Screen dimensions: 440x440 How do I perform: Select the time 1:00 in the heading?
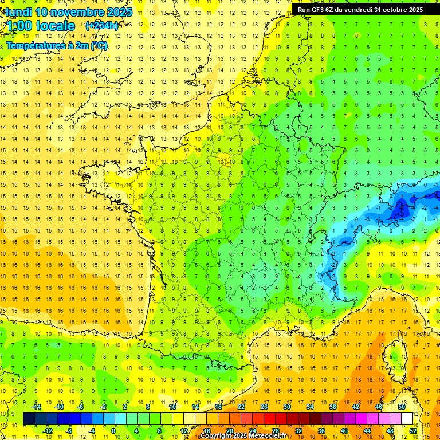pos(18,26)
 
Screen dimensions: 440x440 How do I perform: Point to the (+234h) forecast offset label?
pos(102,25)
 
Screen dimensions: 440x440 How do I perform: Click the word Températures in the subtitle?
pos(34,46)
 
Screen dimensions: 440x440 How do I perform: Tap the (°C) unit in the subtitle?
pos(99,46)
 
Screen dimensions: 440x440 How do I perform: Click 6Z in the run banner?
pos(335,10)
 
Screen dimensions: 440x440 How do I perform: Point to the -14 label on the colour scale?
pos(37,407)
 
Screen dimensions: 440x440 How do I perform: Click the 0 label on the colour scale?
pos(113,431)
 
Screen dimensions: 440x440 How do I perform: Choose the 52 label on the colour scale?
pos(413,431)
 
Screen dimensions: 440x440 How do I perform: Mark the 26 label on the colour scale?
pos(264,407)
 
